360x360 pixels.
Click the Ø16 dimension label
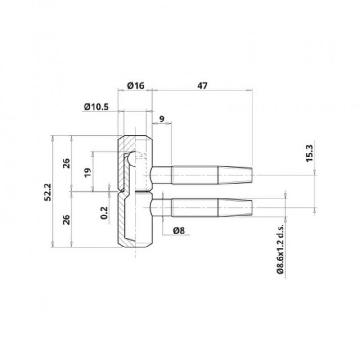tap(136, 85)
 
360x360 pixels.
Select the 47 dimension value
tap(202, 85)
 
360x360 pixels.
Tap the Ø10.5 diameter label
tap(96, 107)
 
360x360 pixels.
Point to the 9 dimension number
tap(162, 119)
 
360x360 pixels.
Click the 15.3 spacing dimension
tap(310, 153)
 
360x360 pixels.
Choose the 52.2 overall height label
tap(48, 192)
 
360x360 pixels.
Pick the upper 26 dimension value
tap(67, 163)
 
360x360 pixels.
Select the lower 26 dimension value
tap(67, 220)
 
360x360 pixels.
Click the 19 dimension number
tap(88, 173)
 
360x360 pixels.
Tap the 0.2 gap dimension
tap(104, 213)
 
